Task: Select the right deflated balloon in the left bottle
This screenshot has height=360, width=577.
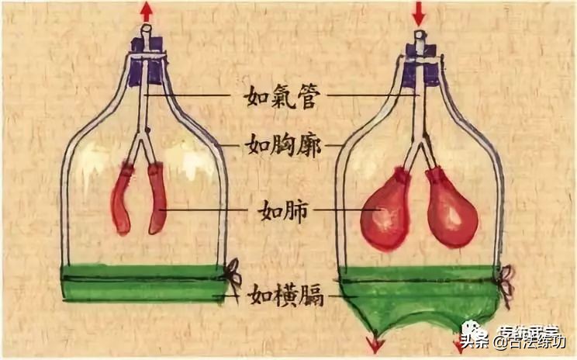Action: pyautogui.click(x=157, y=199)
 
